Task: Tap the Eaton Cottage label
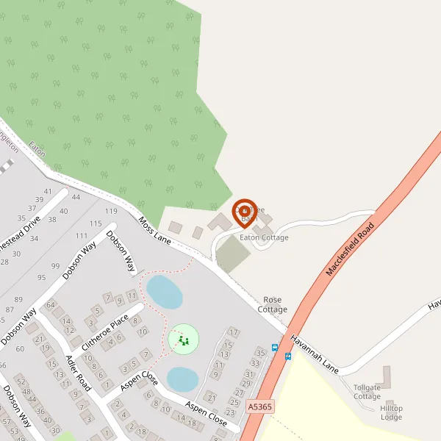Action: pos(264,237)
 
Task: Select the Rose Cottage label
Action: pos(272,304)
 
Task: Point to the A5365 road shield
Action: pos(259,405)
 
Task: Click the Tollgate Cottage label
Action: pos(367,391)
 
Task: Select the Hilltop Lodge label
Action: pos(391,412)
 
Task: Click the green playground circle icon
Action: pos(183,340)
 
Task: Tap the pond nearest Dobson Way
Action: pos(164,292)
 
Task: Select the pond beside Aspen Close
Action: pos(182,379)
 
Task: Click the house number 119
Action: pos(111,212)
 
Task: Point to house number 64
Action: pos(51,305)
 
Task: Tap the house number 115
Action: pos(95,223)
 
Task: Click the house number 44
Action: pos(75,197)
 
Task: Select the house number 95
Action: pos(41,278)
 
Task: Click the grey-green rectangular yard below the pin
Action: pos(233,254)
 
